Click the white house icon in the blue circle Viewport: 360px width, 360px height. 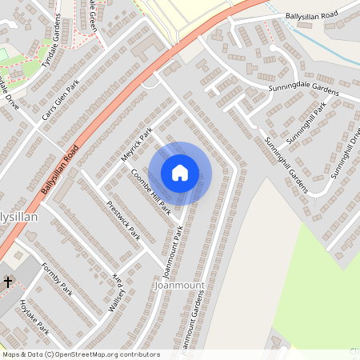click(x=180, y=173)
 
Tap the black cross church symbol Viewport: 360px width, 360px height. click(x=8, y=282)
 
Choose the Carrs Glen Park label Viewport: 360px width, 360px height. click(x=61, y=102)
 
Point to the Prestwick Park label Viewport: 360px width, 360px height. click(x=123, y=221)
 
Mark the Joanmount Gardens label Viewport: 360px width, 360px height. click(x=191, y=325)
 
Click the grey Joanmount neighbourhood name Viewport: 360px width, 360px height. click(x=179, y=285)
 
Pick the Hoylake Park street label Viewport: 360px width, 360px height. click(x=33, y=317)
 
